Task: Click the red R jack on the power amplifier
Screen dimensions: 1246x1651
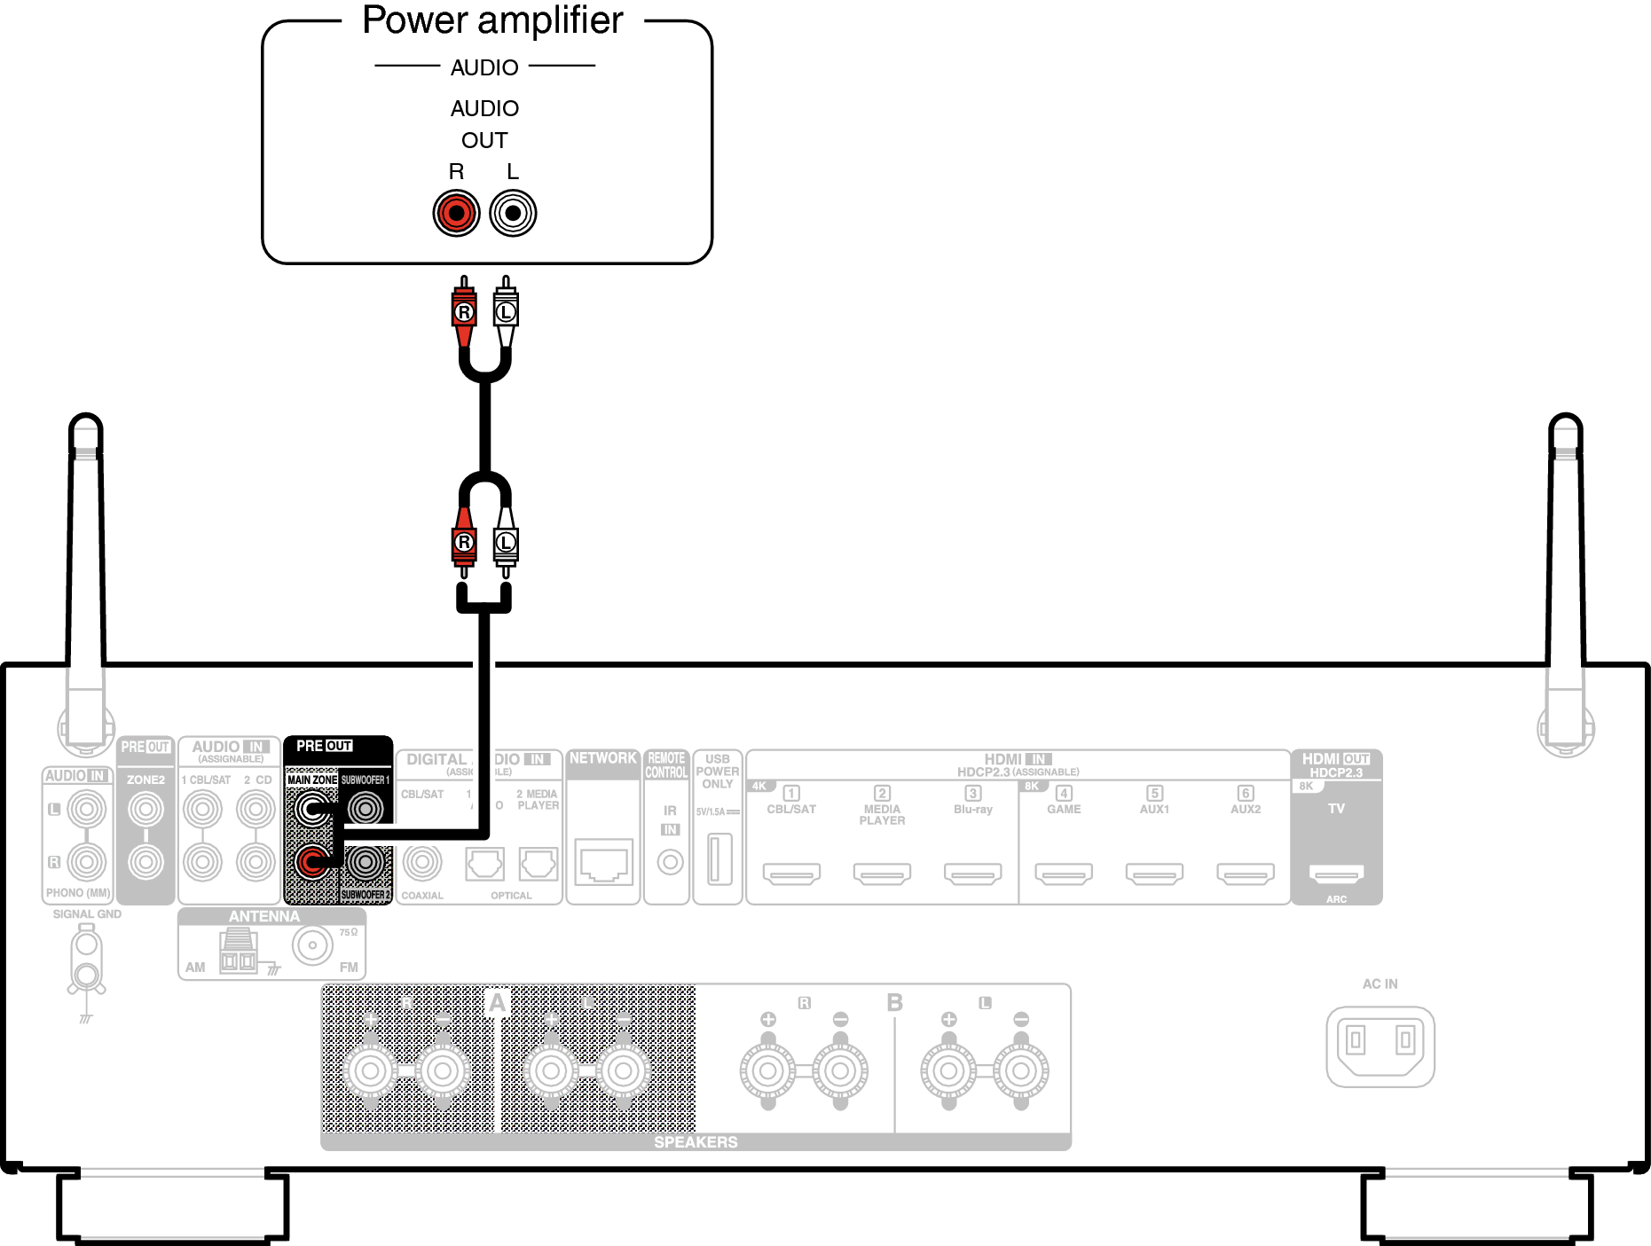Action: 456,213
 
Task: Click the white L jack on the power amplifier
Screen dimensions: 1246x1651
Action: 513,213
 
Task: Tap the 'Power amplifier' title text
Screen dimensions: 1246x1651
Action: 492,20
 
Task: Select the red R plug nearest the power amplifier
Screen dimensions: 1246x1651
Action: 463,312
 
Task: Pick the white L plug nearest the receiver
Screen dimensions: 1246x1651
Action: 506,542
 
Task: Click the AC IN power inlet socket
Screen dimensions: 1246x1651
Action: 1380,1044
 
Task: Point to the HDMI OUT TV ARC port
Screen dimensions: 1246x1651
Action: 1336,874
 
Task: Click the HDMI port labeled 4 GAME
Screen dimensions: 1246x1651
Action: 1064,874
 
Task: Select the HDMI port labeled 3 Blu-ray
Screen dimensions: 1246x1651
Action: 972,874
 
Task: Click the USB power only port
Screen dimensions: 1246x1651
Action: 719,858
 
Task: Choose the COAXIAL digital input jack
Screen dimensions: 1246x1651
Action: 422,861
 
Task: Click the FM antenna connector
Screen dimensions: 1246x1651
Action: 312,945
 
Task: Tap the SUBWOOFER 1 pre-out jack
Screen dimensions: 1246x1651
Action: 366,808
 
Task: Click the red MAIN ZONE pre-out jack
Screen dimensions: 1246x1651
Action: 311,861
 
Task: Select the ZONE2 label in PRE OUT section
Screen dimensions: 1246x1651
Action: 145,780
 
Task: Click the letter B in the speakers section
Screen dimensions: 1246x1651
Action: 894,1003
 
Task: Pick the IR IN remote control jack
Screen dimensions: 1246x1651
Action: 670,861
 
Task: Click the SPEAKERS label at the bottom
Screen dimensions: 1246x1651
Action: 696,1142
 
